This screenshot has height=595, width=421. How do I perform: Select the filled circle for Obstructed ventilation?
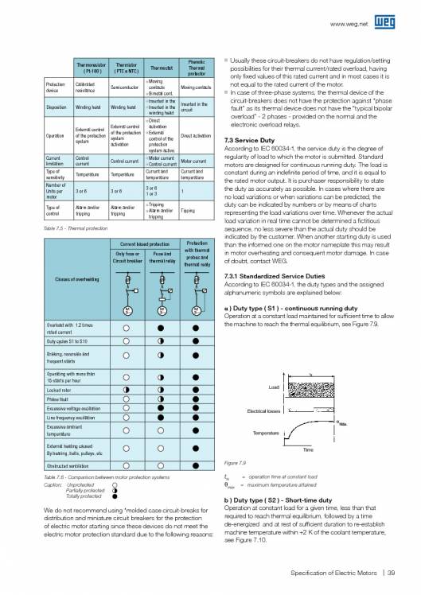[x=194, y=465]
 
